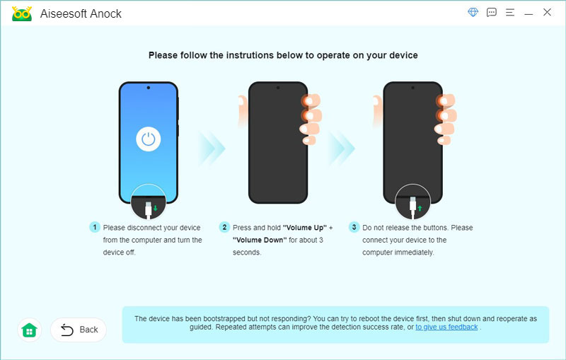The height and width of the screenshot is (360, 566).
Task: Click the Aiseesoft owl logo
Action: click(22, 13)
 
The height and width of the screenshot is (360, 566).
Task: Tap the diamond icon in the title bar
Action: click(473, 12)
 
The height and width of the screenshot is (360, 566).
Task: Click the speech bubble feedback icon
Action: click(491, 13)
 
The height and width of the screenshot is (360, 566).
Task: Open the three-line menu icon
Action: click(510, 13)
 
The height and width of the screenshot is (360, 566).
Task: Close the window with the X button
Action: click(547, 12)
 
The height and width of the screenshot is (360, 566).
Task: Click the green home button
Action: click(29, 330)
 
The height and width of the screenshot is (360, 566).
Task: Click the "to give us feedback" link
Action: click(446, 327)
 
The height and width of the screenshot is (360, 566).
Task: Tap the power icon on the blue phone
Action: click(149, 139)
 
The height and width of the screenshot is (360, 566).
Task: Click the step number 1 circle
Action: click(95, 227)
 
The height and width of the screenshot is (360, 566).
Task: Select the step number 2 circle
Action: click(224, 227)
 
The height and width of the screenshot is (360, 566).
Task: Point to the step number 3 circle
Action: click(354, 227)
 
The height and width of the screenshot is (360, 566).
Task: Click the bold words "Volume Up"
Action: click(305, 228)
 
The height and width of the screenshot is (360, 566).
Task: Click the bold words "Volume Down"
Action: click(260, 240)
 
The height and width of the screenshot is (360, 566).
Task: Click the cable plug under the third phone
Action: click(413, 208)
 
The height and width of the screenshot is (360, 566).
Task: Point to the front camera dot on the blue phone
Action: click(149, 88)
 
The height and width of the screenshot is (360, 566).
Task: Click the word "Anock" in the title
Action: click(105, 13)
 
